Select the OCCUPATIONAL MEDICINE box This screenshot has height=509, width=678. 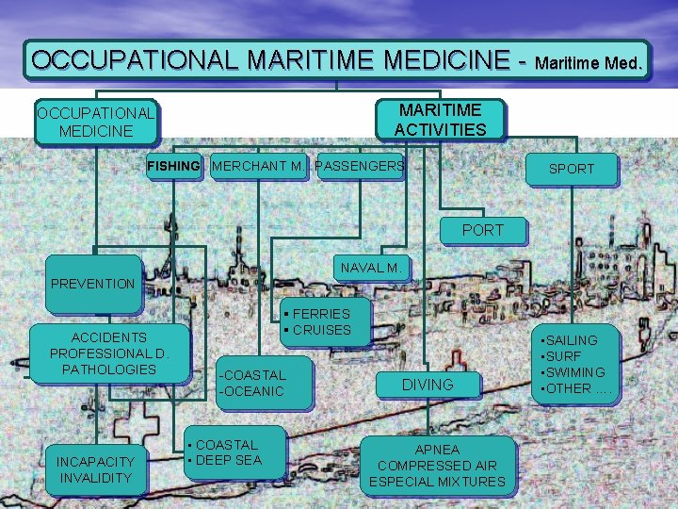95,123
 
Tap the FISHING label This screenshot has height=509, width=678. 173,167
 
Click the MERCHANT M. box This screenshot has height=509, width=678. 258,167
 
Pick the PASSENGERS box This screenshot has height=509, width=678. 360,167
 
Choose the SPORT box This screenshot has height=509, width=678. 572,169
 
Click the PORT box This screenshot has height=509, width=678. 482,230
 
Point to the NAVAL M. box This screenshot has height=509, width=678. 371,268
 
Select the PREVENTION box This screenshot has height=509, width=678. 92,283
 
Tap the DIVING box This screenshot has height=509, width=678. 428,384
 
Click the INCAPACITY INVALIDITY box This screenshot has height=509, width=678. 95,469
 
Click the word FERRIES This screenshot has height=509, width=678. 321,313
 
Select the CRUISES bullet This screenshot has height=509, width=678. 321,330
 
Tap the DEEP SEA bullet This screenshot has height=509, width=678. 228,460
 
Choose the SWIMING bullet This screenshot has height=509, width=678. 574,372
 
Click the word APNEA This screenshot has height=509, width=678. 437,449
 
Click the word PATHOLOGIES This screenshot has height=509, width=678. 108,369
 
